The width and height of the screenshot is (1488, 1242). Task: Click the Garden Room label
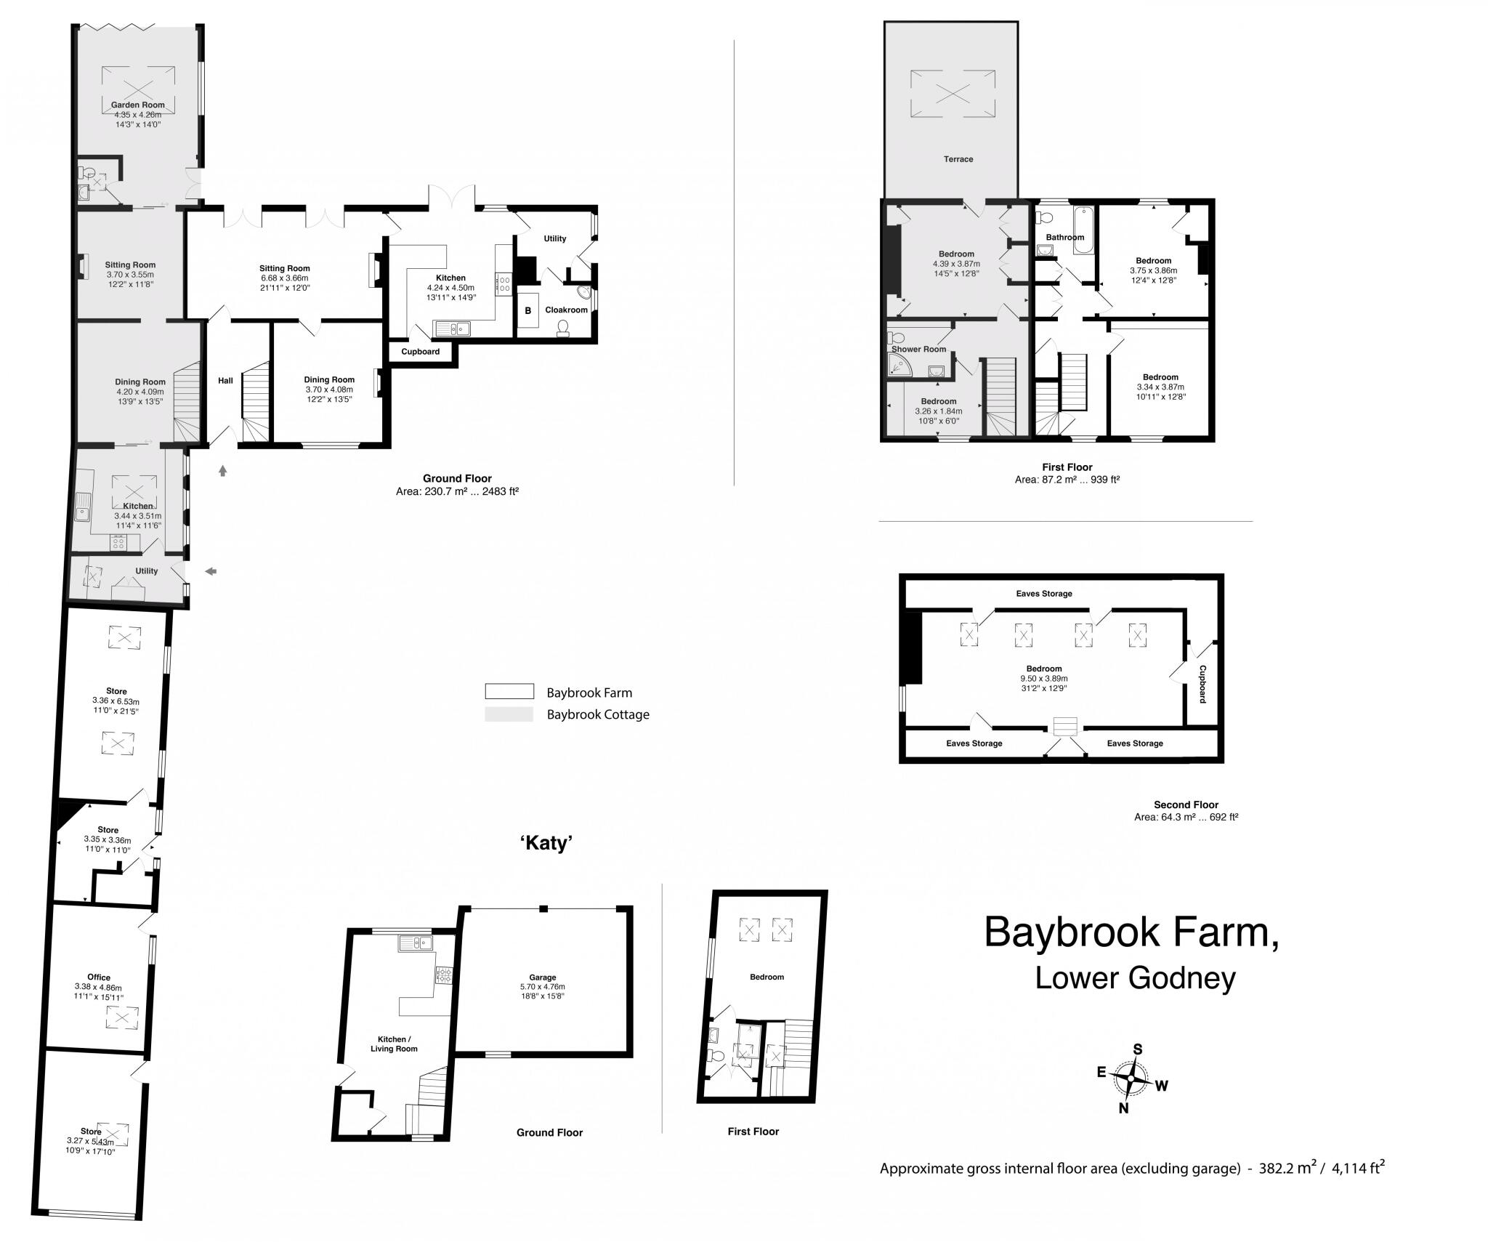click(x=137, y=105)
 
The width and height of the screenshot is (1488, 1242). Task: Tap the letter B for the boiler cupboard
click(x=528, y=311)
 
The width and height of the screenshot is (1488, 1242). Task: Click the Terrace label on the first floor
click(x=958, y=159)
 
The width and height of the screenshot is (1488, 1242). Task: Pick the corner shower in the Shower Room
click(x=899, y=368)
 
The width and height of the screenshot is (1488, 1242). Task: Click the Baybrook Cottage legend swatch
click(x=509, y=714)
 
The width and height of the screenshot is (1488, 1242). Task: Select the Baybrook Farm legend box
click(x=509, y=692)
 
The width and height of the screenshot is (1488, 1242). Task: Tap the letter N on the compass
click(x=1123, y=1129)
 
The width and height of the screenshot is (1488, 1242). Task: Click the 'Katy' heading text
click(x=546, y=843)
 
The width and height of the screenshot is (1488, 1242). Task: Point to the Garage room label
click(x=542, y=977)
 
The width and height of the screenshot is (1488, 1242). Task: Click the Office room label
click(x=99, y=977)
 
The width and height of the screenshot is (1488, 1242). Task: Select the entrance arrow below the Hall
click(x=222, y=471)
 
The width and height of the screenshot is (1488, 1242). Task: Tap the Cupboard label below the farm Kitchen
click(x=420, y=352)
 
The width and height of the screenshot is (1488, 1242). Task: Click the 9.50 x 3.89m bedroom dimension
click(x=1043, y=679)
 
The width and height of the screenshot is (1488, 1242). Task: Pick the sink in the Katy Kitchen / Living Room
click(x=415, y=943)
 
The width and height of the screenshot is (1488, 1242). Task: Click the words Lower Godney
click(x=1134, y=978)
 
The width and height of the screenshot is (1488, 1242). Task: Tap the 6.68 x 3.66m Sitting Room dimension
click(x=284, y=278)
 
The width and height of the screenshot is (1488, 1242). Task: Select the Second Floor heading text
click(x=1186, y=805)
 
